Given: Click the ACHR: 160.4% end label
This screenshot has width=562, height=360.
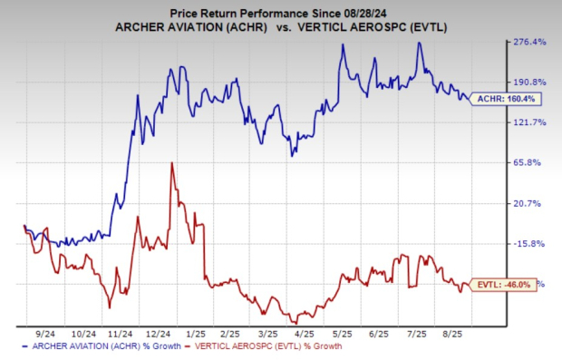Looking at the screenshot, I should point(498,98).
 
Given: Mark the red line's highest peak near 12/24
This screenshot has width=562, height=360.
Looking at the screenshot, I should point(171,164).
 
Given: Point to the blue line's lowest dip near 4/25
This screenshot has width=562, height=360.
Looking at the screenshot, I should point(292,155).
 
